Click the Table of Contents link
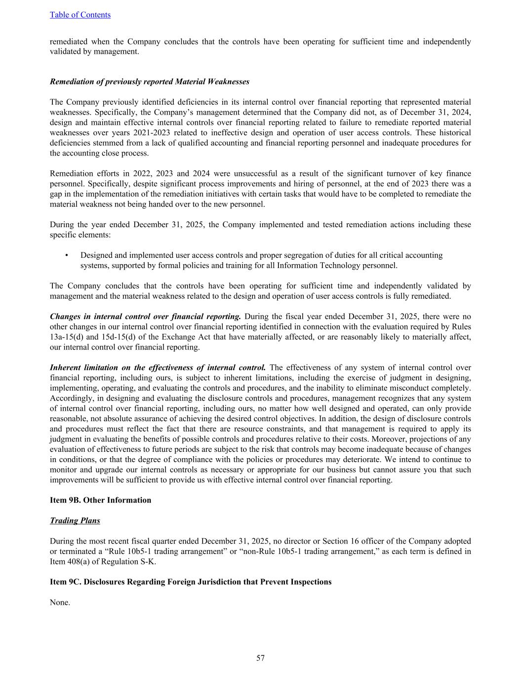[80, 15]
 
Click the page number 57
[260, 658]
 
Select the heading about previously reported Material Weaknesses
[149, 81]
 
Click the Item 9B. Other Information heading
[100, 500]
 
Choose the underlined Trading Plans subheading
[75, 520]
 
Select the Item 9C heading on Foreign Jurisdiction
[191, 582]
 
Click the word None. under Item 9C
[60, 602]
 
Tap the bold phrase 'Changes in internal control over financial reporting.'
[145, 317]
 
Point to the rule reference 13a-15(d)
[67, 337]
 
